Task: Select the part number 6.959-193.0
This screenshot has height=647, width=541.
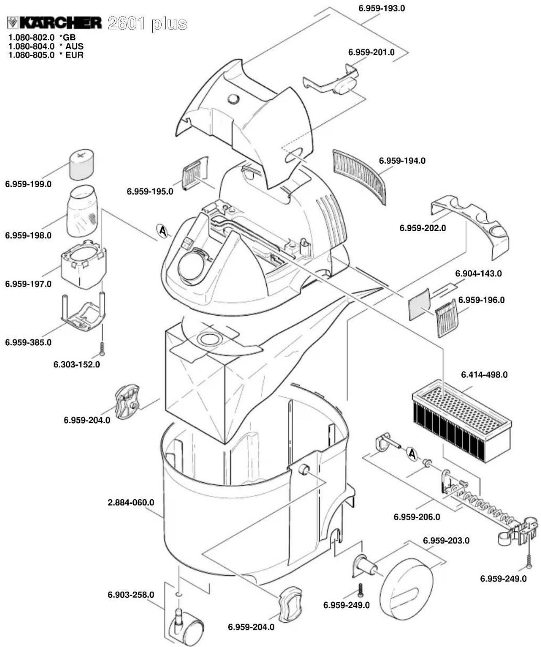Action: pos(381,8)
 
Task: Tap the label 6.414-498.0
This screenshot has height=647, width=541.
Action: pos(484,375)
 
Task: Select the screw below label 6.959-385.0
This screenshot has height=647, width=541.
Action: pos(102,348)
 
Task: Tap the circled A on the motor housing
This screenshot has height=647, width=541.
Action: pos(162,230)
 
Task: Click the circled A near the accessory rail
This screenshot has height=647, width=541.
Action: pos(412,454)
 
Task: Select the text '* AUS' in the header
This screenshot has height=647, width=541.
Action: pos(72,46)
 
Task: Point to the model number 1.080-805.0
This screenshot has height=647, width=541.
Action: pos(31,55)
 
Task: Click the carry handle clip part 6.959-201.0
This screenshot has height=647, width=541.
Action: pos(333,82)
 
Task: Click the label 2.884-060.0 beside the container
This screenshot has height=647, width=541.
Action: pos(131,502)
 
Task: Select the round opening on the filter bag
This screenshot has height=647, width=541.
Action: pos(210,339)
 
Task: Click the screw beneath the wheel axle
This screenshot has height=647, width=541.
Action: pos(361,590)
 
